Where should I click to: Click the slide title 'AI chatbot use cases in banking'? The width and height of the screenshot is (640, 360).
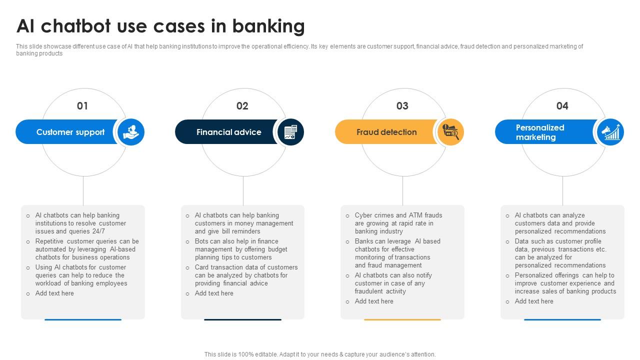click(x=160, y=26)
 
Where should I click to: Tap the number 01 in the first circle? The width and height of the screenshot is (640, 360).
click(x=82, y=106)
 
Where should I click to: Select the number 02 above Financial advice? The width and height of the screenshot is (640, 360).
click(x=242, y=106)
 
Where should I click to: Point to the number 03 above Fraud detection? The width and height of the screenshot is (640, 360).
click(x=402, y=106)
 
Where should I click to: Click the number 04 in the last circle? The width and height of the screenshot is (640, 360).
click(x=562, y=106)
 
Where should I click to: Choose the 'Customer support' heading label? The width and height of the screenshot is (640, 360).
click(x=70, y=132)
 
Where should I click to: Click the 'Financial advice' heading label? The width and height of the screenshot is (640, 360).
click(x=229, y=132)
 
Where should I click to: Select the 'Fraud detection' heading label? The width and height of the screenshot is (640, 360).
click(x=386, y=132)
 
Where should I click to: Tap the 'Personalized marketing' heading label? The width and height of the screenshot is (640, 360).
click(x=540, y=132)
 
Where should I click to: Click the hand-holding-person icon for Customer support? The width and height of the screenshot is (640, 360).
click(x=131, y=132)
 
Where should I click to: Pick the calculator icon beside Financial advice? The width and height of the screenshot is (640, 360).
click(x=290, y=132)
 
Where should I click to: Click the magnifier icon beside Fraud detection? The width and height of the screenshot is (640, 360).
click(x=450, y=132)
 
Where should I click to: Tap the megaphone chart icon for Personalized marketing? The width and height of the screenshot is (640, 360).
click(x=610, y=132)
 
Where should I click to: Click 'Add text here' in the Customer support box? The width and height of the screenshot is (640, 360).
click(x=54, y=293)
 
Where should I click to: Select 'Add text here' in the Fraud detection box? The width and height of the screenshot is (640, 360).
click(x=374, y=301)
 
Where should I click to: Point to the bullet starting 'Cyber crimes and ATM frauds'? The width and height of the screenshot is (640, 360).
click(x=398, y=223)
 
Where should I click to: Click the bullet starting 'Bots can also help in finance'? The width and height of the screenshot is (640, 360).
click(x=241, y=249)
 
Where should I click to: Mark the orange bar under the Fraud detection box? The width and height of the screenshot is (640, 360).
click(x=402, y=319)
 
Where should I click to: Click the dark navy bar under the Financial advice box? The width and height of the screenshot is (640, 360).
click(x=242, y=319)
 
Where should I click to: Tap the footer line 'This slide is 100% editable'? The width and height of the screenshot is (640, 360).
click(x=320, y=354)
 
